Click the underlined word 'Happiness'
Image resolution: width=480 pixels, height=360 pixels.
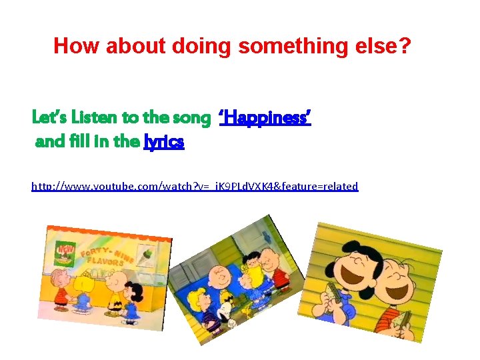pyautogui.click(x=265, y=119)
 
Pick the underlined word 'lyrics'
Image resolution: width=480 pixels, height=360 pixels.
pyautogui.click(x=164, y=142)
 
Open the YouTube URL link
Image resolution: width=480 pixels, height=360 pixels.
pyautogui.click(x=195, y=187)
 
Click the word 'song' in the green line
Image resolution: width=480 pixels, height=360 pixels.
pyautogui.click(x=191, y=119)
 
